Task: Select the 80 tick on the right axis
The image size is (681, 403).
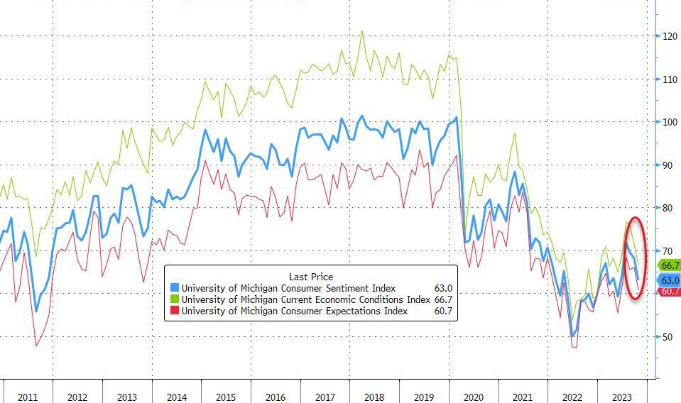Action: (670, 208)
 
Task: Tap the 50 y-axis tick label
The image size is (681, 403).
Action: (670, 336)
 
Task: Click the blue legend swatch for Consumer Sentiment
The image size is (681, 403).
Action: (175, 288)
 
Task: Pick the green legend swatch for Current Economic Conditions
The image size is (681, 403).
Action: (175, 299)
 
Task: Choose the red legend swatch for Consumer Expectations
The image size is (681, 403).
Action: (175, 311)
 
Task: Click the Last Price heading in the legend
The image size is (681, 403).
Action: (311, 276)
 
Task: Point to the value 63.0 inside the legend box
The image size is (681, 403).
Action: (443, 288)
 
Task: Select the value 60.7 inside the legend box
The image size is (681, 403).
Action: (443, 311)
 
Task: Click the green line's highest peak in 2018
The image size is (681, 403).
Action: (362, 31)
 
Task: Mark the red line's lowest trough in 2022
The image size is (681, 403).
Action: (574, 347)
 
